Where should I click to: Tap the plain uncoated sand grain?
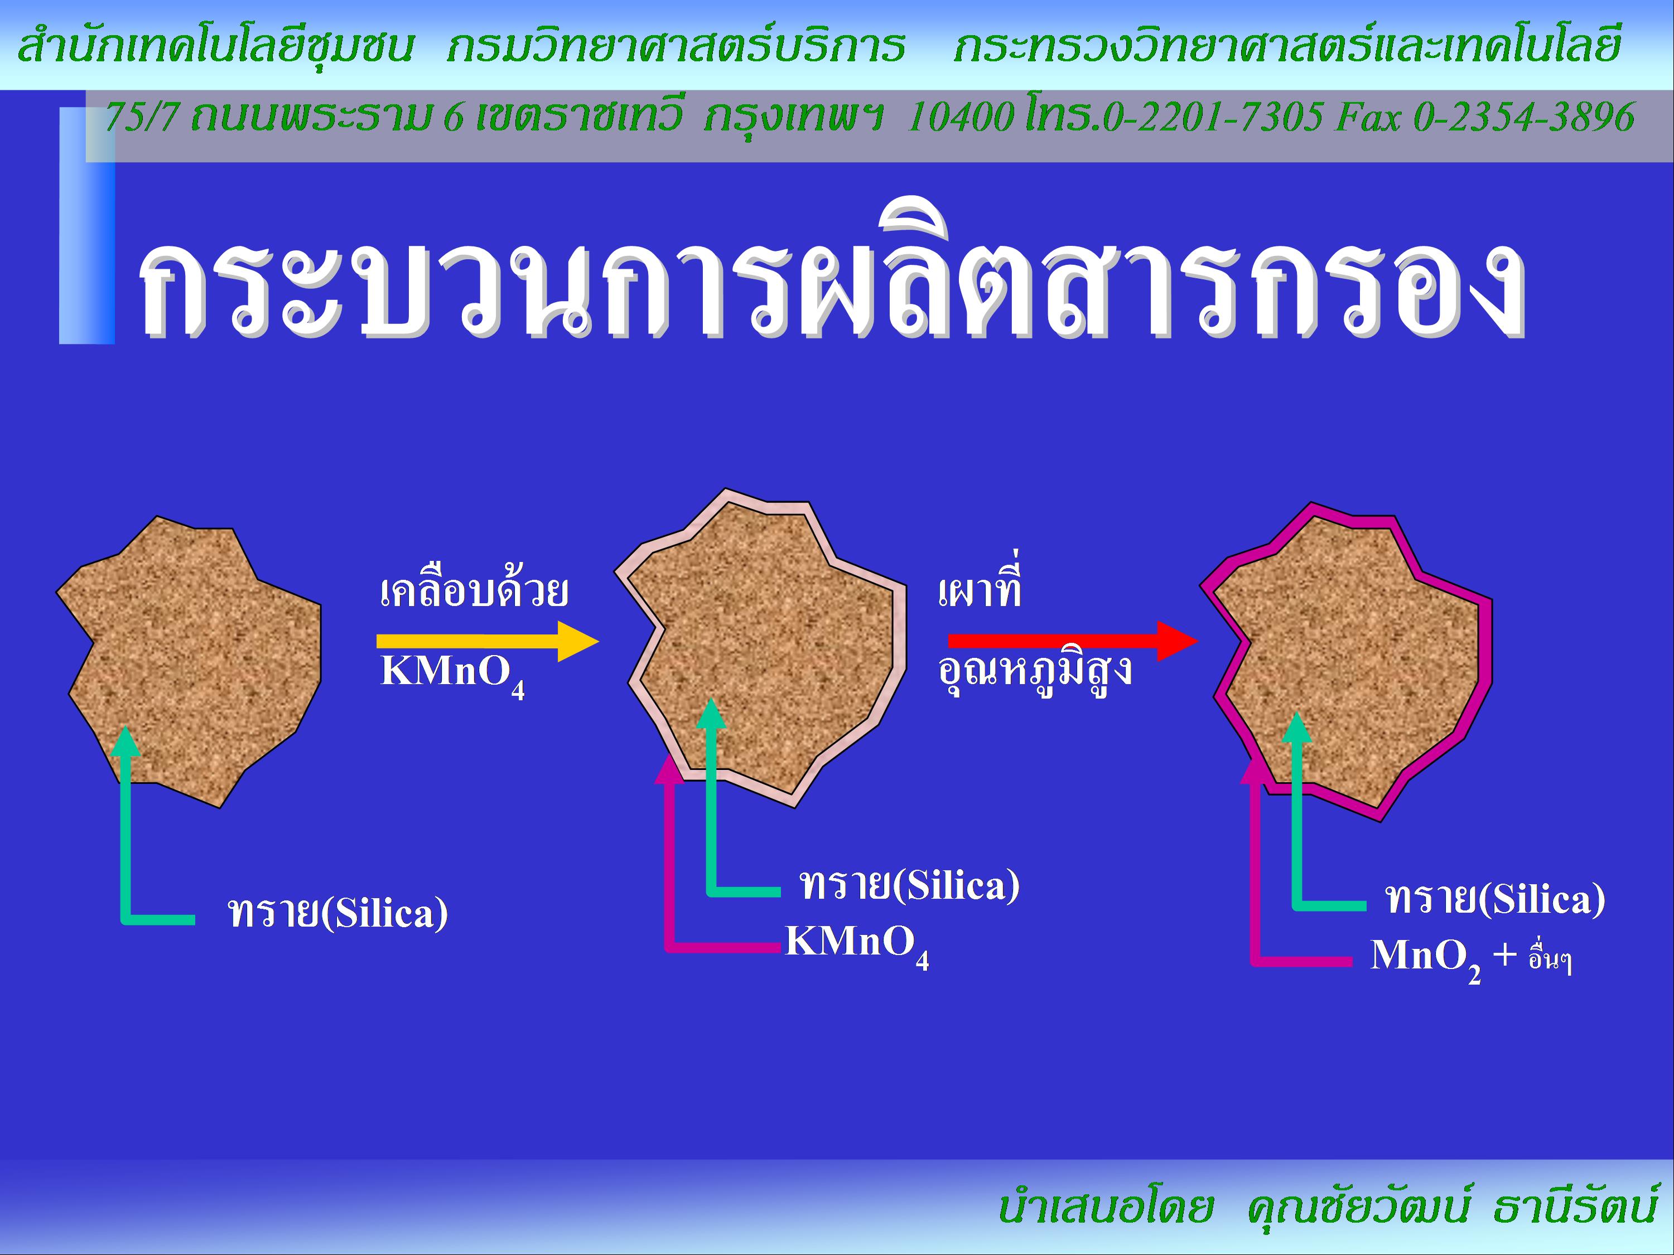[x=189, y=661]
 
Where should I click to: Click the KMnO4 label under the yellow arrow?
[x=452, y=674]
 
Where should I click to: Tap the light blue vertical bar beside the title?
[x=87, y=225]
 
